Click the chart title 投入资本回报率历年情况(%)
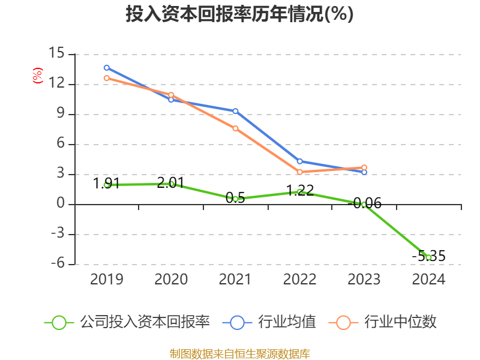pos(239,14)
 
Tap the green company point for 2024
pos(428,257)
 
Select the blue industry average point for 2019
pos(106,67)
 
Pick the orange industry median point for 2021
pos(235,128)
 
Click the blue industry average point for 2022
pos(299,161)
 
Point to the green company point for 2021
pos(235,199)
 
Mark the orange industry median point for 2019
pos(106,78)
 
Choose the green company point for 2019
pos(106,185)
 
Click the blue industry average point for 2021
pos(235,111)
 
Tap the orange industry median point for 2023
pos(364,167)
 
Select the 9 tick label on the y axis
pos(61,114)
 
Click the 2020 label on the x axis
pos(171,280)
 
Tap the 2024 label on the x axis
pos(428,280)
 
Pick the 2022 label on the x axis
pos(299,280)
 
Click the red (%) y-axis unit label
pos(38,76)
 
